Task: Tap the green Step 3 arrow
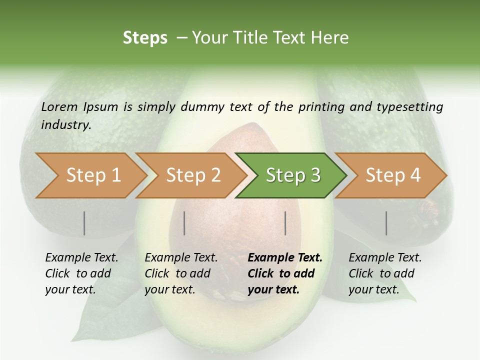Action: (x=292, y=175)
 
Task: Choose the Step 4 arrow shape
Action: (x=392, y=175)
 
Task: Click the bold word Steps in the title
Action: (x=145, y=37)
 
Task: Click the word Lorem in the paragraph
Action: (x=59, y=106)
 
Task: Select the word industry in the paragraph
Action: (x=65, y=124)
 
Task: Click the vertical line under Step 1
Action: (x=84, y=223)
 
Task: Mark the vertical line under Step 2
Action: (x=184, y=223)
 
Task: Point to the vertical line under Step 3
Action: (x=285, y=223)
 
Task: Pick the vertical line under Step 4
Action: (x=386, y=223)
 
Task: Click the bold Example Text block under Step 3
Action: (x=284, y=273)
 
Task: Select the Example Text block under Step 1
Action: (x=81, y=273)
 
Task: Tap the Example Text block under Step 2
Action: (x=180, y=273)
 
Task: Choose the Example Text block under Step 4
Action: (x=384, y=273)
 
